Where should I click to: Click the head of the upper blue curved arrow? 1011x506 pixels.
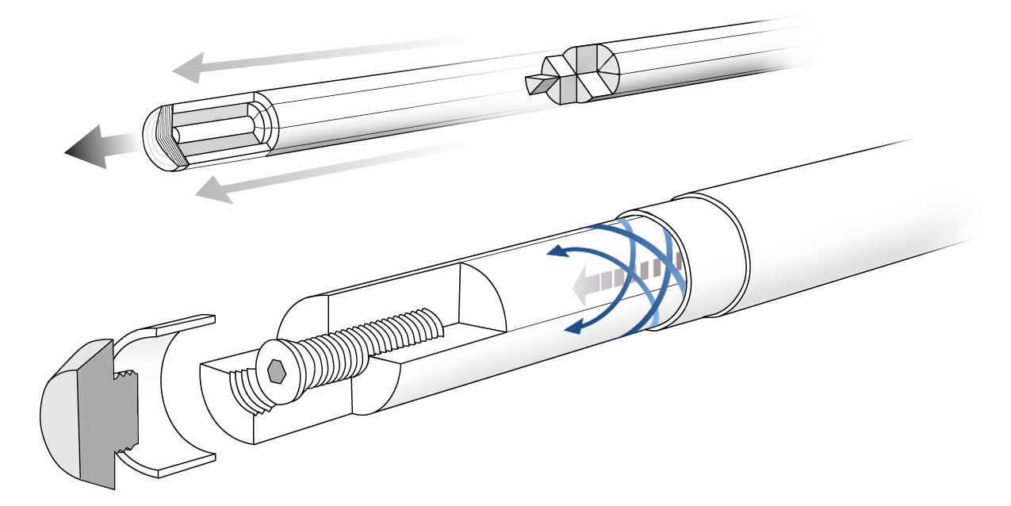coord(555,253)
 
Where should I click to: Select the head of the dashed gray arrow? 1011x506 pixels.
coord(583,285)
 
